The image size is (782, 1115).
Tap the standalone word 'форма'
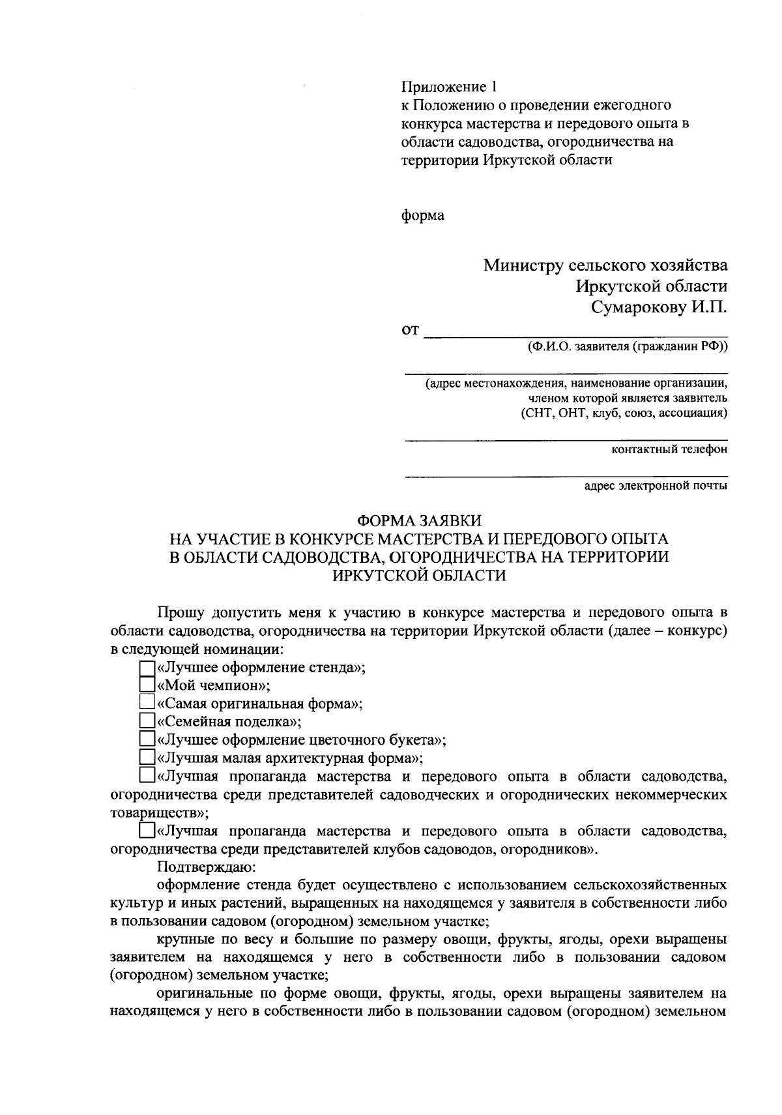pyautogui.click(x=422, y=215)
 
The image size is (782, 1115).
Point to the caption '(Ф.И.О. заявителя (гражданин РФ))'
pyautogui.click(x=628, y=348)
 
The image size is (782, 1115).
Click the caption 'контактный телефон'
pyautogui.click(x=670, y=449)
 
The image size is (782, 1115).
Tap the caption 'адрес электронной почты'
pyautogui.click(x=656, y=485)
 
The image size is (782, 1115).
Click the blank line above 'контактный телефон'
pyautogui.click(x=566, y=439)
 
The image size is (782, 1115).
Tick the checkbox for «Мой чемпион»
pyautogui.click(x=147, y=685)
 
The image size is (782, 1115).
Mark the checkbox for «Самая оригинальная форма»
pyautogui.click(x=147, y=703)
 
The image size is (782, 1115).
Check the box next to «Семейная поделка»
pyautogui.click(x=147, y=721)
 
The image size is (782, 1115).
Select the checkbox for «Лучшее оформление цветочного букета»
pyautogui.click(x=147, y=739)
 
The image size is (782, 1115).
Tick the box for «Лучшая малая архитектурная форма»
pyautogui.click(x=147, y=758)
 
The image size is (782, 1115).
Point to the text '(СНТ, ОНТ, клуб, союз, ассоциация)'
pyautogui.click(x=624, y=413)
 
